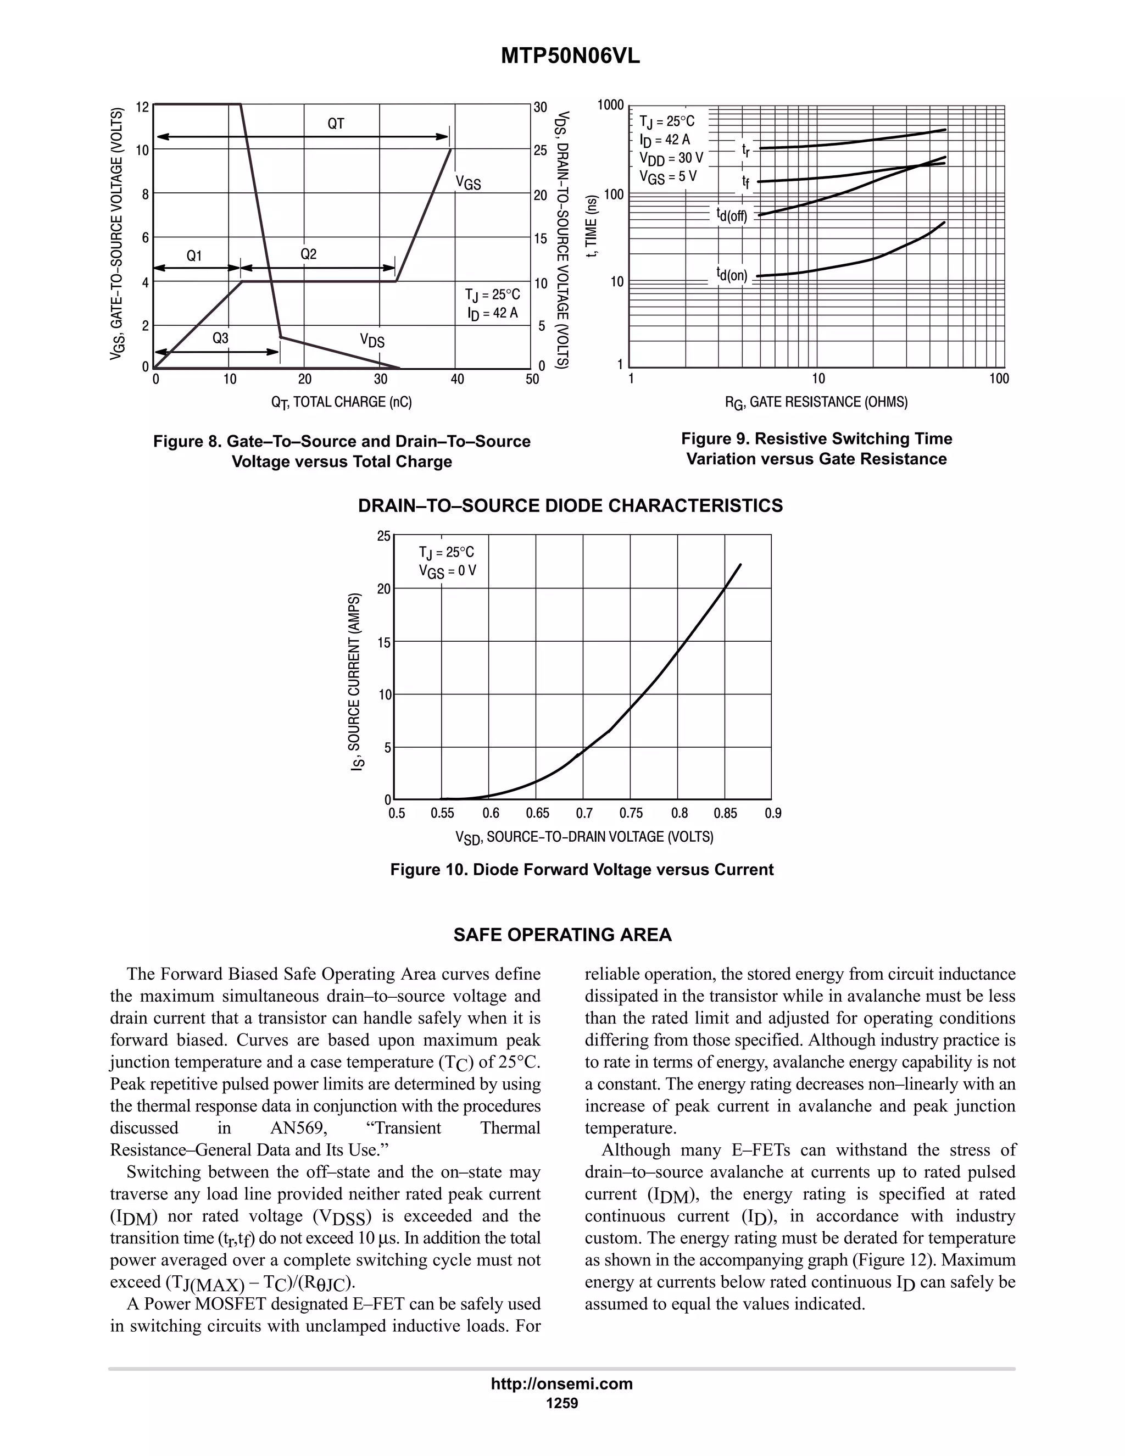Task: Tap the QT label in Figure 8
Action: tap(335, 123)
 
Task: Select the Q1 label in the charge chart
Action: tap(194, 256)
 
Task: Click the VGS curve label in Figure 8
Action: tap(468, 182)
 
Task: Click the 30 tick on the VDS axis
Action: tap(540, 107)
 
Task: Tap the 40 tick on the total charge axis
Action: tap(457, 379)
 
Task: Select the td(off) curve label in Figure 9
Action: tap(732, 215)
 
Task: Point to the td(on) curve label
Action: tap(732, 275)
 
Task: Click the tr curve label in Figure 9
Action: tap(747, 149)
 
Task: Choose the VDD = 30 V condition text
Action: tap(671, 159)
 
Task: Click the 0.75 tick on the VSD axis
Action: tap(631, 813)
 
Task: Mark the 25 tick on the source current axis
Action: tap(384, 536)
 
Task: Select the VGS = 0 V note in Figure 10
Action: tap(447, 571)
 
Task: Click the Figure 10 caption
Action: tap(582, 869)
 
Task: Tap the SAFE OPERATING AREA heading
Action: tap(562, 935)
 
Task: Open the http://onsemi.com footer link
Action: tap(562, 1383)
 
